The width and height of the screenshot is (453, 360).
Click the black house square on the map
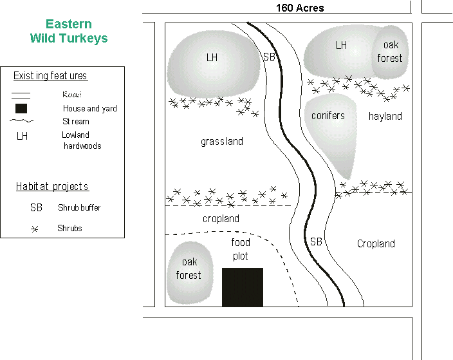tap(243, 287)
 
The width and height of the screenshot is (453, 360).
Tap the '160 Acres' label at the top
tap(300, 8)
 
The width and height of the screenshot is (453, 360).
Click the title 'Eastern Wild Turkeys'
tap(69, 32)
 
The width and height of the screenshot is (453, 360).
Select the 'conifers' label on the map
tap(328, 116)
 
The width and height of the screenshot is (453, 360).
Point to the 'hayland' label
tap(385, 117)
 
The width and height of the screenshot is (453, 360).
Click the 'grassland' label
tap(222, 142)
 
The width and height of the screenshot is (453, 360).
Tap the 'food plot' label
tap(241, 249)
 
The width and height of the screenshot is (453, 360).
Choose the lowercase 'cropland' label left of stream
tap(221, 219)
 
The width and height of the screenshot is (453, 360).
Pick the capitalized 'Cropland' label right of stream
tap(376, 244)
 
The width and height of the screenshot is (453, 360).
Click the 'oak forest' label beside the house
tap(189, 269)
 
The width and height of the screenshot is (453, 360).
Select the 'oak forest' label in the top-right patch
tap(390, 52)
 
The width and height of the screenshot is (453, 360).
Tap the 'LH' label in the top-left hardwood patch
tap(212, 58)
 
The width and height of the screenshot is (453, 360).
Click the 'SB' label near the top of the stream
tap(270, 57)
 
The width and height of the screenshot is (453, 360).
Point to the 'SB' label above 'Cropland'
tap(316, 242)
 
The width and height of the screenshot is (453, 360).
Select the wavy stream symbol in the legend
tap(21, 121)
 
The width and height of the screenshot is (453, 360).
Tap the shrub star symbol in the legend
tap(35, 229)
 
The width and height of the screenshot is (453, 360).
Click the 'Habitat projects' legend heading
tap(52, 187)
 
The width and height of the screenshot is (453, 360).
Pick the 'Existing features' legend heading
tap(50, 76)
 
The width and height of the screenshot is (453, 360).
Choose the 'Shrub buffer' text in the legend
tap(79, 208)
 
